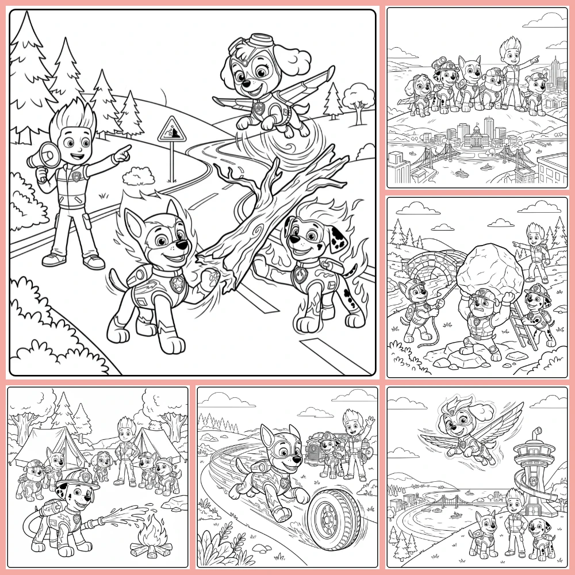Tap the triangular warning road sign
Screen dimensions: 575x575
pyautogui.click(x=170, y=129)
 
